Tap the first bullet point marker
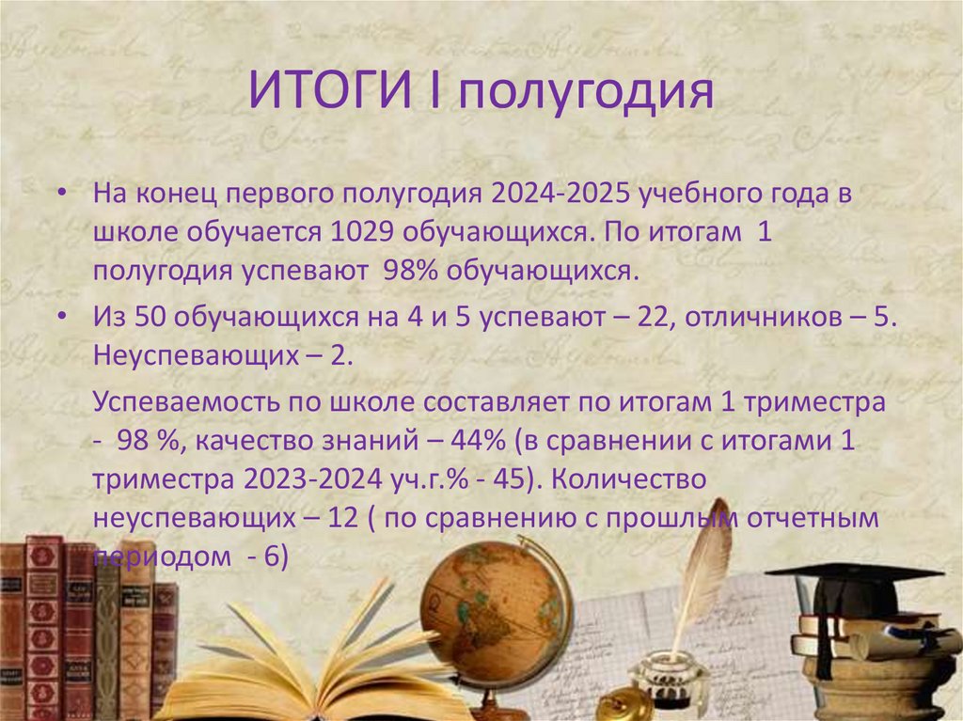(61, 194)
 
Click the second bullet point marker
(61, 318)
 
